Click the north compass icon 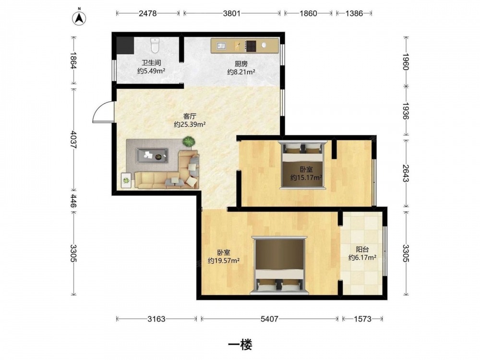[x=79, y=18]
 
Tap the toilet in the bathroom [x=155, y=45]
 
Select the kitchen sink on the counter [x=221, y=46]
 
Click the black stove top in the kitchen [x=251, y=46]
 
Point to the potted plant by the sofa [x=189, y=142]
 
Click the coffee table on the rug [x=152, y=156]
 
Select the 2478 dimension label [x=147, y=13]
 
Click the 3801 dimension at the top [x=232, y=13]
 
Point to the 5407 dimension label [x=269, y=319]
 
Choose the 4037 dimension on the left [x=73, y=140]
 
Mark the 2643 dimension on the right [x=406, y=173]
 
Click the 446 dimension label [x=73, y=201]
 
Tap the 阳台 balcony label [x=362, y=250]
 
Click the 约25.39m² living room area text [x=190, y=124]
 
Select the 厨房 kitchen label [x=241, y=64]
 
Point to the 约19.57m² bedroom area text [x=224, y=261]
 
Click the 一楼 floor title [x=240, y=345]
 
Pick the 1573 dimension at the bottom [x=362, y=319]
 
